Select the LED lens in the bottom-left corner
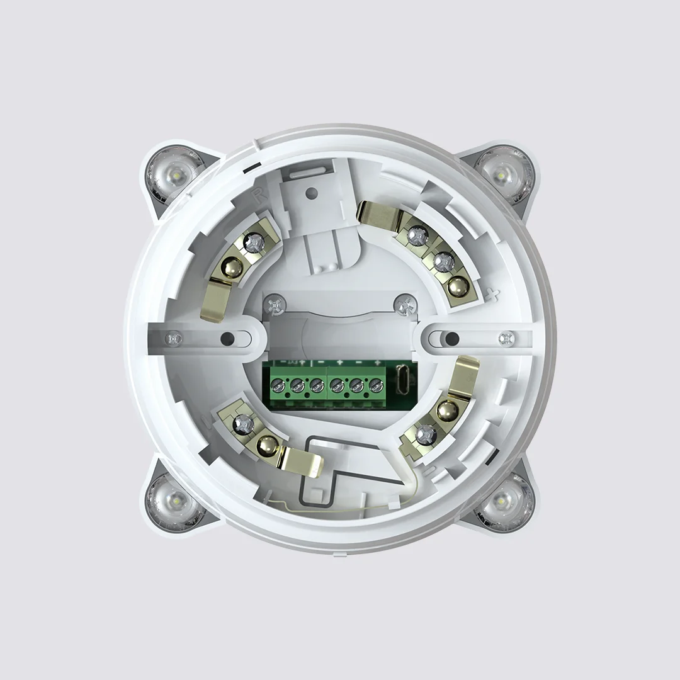click(176, 502)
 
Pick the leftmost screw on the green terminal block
click(277, 383)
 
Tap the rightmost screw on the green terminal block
click(376, 383)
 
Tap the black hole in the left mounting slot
click(226, 339)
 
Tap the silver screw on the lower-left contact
click(244, 424)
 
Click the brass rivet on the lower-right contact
click(447, 411)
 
